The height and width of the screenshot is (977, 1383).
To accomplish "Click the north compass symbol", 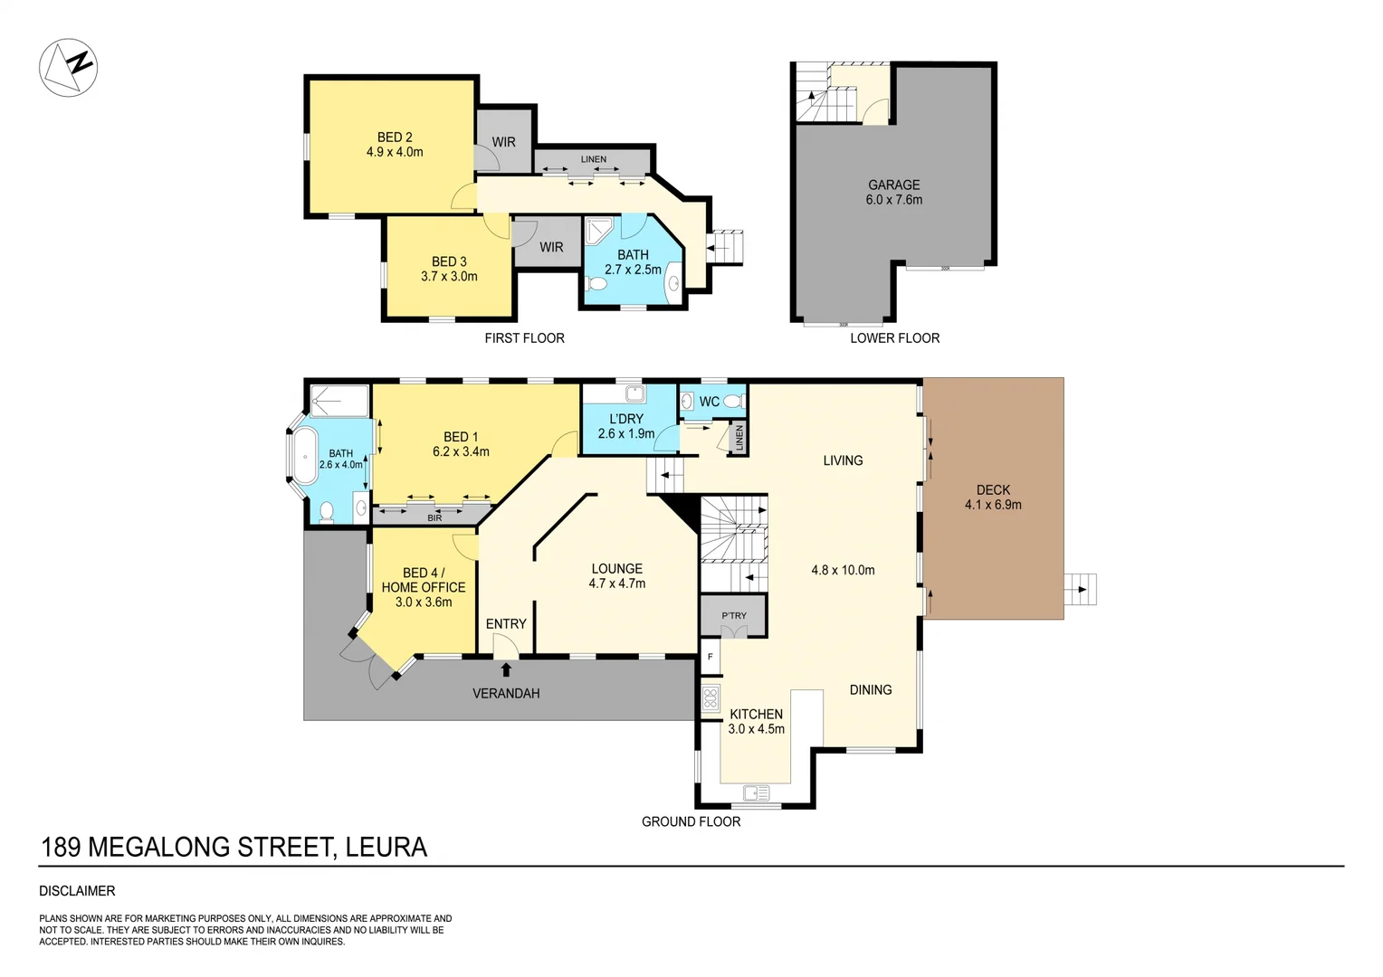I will point(68,67).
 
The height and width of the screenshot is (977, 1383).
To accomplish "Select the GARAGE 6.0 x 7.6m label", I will point(893,192).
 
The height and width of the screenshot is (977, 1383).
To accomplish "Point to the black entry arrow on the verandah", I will point(506,669).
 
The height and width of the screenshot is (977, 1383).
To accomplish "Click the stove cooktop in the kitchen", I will point(711,697).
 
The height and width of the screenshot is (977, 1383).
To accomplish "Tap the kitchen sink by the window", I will point(755,793).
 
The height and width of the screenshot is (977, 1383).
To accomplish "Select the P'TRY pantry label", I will point(733,616).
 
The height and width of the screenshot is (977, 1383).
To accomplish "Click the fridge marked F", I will point(711,657).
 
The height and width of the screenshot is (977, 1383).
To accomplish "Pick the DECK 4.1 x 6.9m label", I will point(993,498).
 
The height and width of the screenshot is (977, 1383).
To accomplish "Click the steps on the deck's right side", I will point(1079,590).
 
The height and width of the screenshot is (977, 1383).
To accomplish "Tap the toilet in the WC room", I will point(733,401).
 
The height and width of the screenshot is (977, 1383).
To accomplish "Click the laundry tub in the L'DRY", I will point(634,394).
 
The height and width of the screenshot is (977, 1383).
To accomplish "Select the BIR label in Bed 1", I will point(434,517).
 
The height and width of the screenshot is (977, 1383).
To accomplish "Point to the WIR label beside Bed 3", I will point(551,247).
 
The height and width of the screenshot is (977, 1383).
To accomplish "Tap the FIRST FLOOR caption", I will point(524,338).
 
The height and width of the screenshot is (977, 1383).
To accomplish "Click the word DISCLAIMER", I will point(77,891).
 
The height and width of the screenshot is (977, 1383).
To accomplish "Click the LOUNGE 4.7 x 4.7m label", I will point(616,576).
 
